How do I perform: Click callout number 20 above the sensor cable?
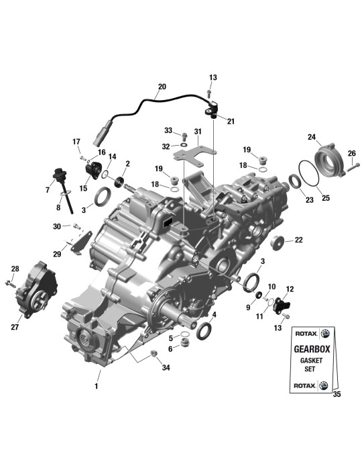pyautogui.click(x=162, y=87)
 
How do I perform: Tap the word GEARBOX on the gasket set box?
pyautogui.click(x=312, y=349)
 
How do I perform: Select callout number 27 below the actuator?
pyautogui.click(x=15, y=327)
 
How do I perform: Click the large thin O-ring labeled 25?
pyautogui.click(x=309, y=173)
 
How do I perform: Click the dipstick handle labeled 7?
pyautogui.click(x=57, y=174)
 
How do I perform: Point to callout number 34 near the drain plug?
pyautogui.click(x=166, y=367)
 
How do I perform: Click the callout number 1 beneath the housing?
pyautogui.click(x=97, y=386)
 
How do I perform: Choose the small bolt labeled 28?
pyautogui.click(x=10, y=283)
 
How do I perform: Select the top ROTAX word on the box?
pyautogui.click(x=305, y=333)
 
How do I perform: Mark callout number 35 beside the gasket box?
pyautogui.click(x=337, y=394)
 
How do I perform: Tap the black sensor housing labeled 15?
pyautogui.click(x=94, y=170)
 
